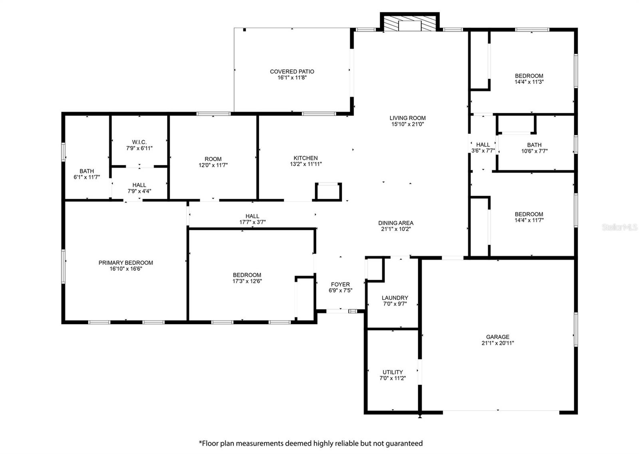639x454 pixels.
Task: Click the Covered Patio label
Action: pos(292,71)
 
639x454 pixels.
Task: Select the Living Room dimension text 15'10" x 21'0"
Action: pos(407,124)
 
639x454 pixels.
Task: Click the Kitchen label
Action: pos(306,158)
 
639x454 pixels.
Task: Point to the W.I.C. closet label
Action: pos(139,142)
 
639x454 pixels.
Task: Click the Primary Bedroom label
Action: pos(126,263)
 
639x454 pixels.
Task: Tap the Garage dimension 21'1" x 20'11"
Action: pos(498,343)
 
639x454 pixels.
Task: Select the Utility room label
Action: pos(393,372)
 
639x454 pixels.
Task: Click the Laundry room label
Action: pos(395,298)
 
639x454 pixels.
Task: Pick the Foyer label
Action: pos(340,285)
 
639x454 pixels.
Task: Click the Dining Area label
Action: pos(396,223)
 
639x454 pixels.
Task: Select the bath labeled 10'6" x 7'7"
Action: pos(534,148)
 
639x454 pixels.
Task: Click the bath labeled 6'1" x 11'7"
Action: pos(87,174)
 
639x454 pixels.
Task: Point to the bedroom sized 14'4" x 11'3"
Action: pos(529,79)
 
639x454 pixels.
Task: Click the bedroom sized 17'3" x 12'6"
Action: pos(247,278)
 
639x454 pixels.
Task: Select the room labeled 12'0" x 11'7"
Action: pos(213,162)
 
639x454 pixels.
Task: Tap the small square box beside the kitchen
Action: pos(328,192)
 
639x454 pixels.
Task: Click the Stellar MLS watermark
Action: pos(619,227)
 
